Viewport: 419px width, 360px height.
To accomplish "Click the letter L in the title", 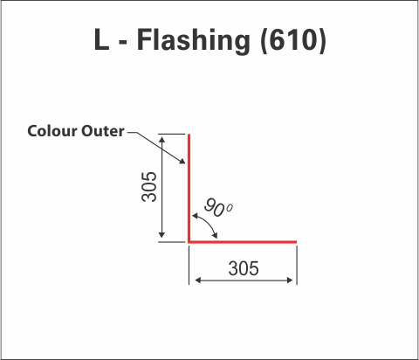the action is tap(102, 39).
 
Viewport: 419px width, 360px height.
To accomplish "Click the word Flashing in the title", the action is tap(194, 40).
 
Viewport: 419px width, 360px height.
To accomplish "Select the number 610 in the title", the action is tap(293, 40).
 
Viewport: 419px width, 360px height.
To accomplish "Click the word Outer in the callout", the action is tap(103, 131).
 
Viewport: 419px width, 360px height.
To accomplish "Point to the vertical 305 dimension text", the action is tap(149, 187).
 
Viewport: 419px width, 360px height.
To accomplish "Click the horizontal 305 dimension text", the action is tap(244, 268).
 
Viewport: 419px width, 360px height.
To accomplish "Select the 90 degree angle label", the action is tap(218, 207).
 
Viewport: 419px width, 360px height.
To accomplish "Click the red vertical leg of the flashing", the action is tap(189, 188).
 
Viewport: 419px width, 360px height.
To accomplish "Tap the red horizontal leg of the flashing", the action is tap(243, 241).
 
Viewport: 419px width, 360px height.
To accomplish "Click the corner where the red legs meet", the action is tap(189, 241).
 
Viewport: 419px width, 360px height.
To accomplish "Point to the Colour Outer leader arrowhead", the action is tap(182, 161).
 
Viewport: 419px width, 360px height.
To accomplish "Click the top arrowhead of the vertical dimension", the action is tap(162, 140).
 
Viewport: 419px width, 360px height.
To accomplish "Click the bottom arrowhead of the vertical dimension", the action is tap(162, 234).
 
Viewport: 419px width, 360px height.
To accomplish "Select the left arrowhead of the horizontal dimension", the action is tap(198, 280).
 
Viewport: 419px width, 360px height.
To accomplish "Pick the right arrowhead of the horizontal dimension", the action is tap(289, 280).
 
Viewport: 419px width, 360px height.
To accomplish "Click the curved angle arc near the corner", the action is tap(209, 223).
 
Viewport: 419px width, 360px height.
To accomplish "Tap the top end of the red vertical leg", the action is tap(189, 135).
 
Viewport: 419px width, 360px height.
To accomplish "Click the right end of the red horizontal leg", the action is tap(296, 241).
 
